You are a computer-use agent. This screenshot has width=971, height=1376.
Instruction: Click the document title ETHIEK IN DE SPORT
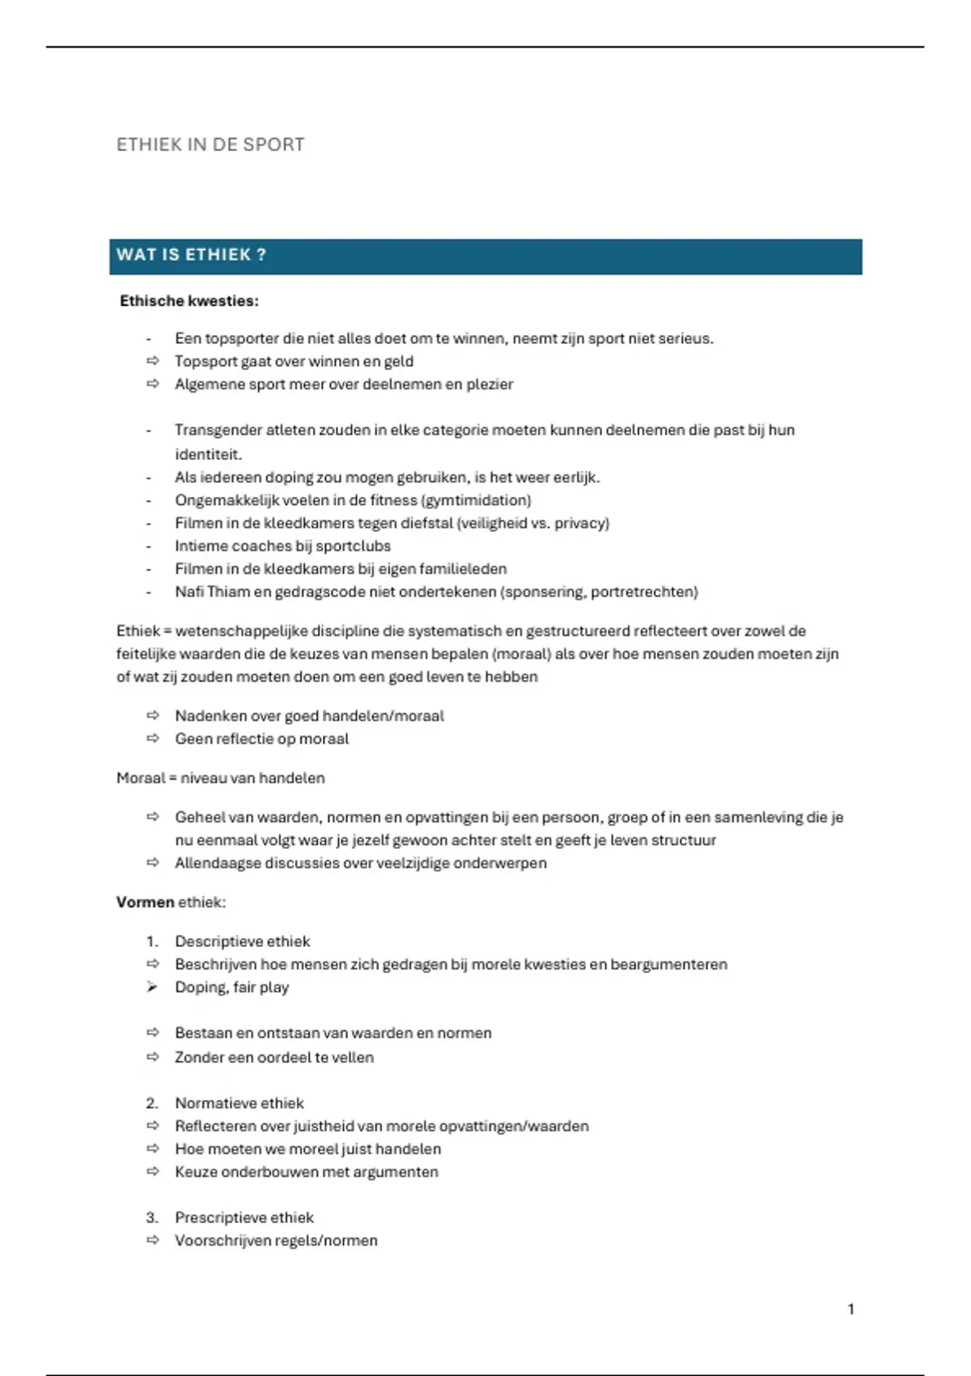click(210, 145)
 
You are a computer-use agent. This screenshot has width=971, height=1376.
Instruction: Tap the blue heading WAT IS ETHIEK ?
click(191, 255)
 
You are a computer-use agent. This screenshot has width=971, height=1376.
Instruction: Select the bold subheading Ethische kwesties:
click(189, 301)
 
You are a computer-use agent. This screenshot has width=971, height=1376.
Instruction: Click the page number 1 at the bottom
click(850, 1309)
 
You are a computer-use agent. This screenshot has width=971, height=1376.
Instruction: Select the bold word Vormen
click(146, 902)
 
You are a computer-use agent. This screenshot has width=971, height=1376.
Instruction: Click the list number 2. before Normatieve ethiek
click(152, 1103)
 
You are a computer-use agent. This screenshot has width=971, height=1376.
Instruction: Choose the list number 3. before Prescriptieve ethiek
click(152, 1217)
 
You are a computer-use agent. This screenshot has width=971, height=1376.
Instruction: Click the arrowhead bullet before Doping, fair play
click(152, 987)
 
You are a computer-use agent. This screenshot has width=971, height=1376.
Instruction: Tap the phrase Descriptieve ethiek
click(242, 941)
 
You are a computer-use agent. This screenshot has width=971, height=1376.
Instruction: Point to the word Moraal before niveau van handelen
click(140, 778)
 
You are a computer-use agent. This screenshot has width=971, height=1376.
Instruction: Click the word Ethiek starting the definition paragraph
click(138, 631)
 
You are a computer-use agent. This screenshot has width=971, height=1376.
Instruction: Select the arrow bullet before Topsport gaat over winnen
click(152, 361)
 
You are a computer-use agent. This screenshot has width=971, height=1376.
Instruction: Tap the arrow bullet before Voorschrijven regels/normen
click(152, 1240)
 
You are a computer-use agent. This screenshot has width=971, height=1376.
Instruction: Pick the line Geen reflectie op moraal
click(261, 739)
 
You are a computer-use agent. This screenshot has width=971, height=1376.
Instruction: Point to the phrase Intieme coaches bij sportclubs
click(282, 546)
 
